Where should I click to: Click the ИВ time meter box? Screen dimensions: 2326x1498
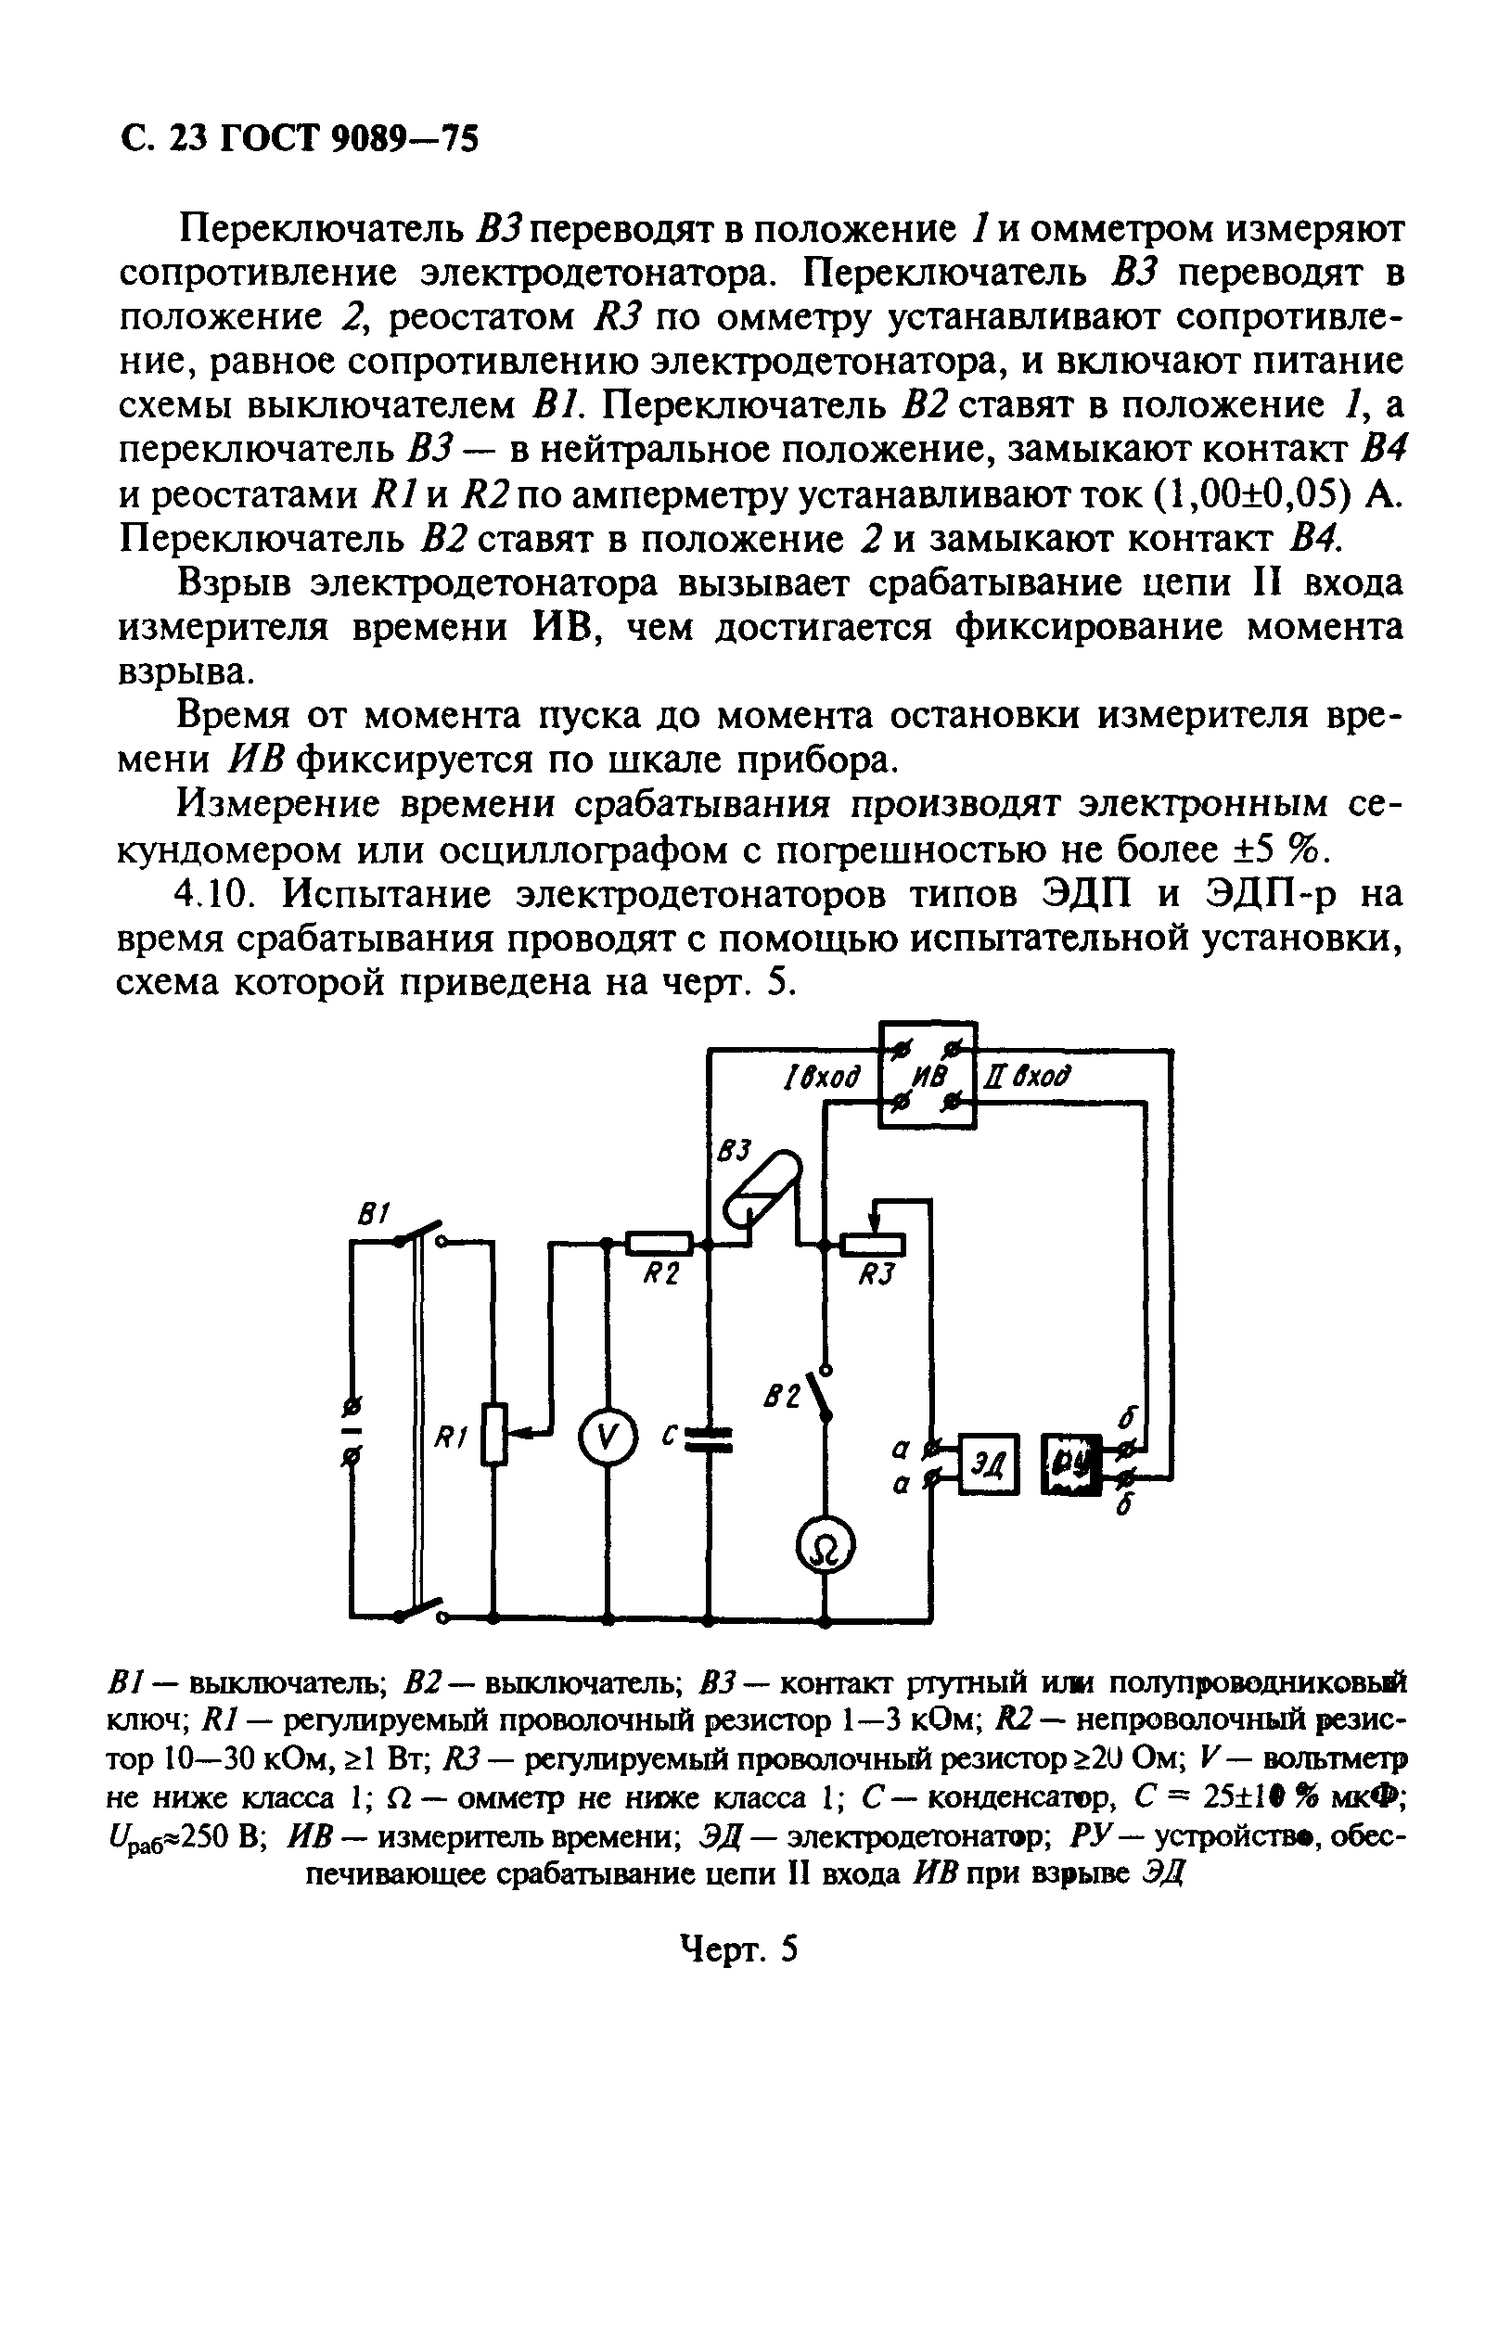(x=927, y=1076)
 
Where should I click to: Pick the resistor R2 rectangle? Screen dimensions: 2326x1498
(x=659, y=1243)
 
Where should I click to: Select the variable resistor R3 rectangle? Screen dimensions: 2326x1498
(x=873, y=1244)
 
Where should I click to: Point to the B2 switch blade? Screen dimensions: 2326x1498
(x=820, y=1398)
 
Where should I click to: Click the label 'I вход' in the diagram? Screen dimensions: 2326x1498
(x=823, y=1078)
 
